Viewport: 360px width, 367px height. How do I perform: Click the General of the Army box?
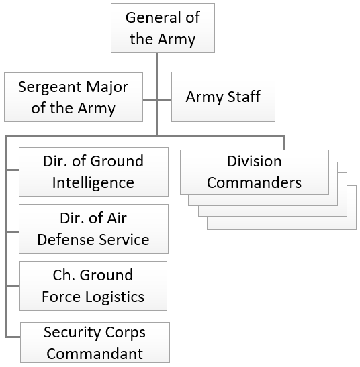(x=163, y=28)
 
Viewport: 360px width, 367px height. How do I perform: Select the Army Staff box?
(x=223, y=97)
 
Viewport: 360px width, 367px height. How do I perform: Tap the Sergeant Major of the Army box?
(x=73, y=97)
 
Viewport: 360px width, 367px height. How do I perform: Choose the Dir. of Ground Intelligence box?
(x=93, y=172)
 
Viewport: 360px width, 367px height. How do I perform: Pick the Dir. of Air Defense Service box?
(x=93, y=229)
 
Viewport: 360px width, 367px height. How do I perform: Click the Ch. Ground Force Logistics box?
(x=93, y=286)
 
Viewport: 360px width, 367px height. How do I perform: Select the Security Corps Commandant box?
(x=95, y=342)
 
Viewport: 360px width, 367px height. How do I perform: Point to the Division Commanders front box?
(x=255, y=172)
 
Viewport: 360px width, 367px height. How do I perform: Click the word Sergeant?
(x=50, y=87)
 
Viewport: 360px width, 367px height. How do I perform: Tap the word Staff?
(x=244, y=96)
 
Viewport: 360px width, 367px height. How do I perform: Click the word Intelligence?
(x=93, y=183)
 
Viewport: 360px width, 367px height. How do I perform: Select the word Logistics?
(x=115, y=297)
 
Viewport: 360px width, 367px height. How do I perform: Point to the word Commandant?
(x=95, y=354)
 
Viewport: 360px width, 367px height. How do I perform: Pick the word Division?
(x=255, y=161)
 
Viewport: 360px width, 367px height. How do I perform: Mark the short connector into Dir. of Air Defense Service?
(x=12, y=232)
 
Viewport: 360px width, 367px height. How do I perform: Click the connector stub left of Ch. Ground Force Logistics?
(x=13, y=286)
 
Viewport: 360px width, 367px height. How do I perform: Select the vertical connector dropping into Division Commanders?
(x=284, y=143)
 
